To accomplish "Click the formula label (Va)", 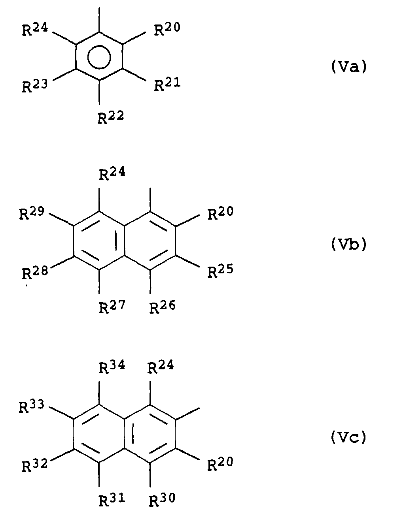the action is tap(348, 66).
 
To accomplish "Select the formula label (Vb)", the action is tap(348, 244).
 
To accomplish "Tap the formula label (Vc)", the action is tap(348, 437).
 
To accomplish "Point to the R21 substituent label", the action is tap(167, 85).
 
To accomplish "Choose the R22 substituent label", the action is tap(111, 117).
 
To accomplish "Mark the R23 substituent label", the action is tap(35, 86).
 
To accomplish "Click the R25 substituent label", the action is tap(220, 271).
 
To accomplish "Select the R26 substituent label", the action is tap(163, 307).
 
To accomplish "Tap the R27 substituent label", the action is tap(112, 307).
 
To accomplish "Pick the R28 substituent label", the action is tap(35, 273).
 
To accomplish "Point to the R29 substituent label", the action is tap(32, 213).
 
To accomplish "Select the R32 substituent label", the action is tap(34, 465).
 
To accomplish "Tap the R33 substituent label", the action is tap(32, 406).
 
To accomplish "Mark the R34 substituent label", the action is tap(112, 367).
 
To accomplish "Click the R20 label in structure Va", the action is tap(167, 29).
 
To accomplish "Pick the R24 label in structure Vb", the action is tap(112, 173).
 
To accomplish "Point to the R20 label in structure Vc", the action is tap(220, 463).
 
